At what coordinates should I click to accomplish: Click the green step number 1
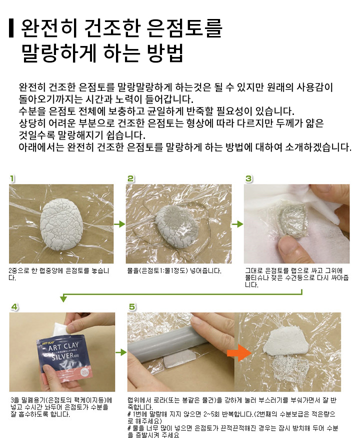click(12, 179)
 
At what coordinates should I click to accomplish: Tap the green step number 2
click(130, 179)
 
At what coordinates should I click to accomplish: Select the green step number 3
click(248, 179)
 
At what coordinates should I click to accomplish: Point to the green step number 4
click(14, 307)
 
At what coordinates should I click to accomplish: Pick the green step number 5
click(132, 307)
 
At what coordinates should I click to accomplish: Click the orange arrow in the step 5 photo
click(239, 352)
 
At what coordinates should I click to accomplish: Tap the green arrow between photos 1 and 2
click(119, 224)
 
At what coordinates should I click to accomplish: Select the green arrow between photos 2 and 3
click(237, 224)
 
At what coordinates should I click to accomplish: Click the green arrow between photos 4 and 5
click(121, 352)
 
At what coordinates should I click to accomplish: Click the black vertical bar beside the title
click(11, 28)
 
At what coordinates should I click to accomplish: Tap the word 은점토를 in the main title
click(184, 28)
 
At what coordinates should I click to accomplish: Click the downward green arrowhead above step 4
click(63, 298)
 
